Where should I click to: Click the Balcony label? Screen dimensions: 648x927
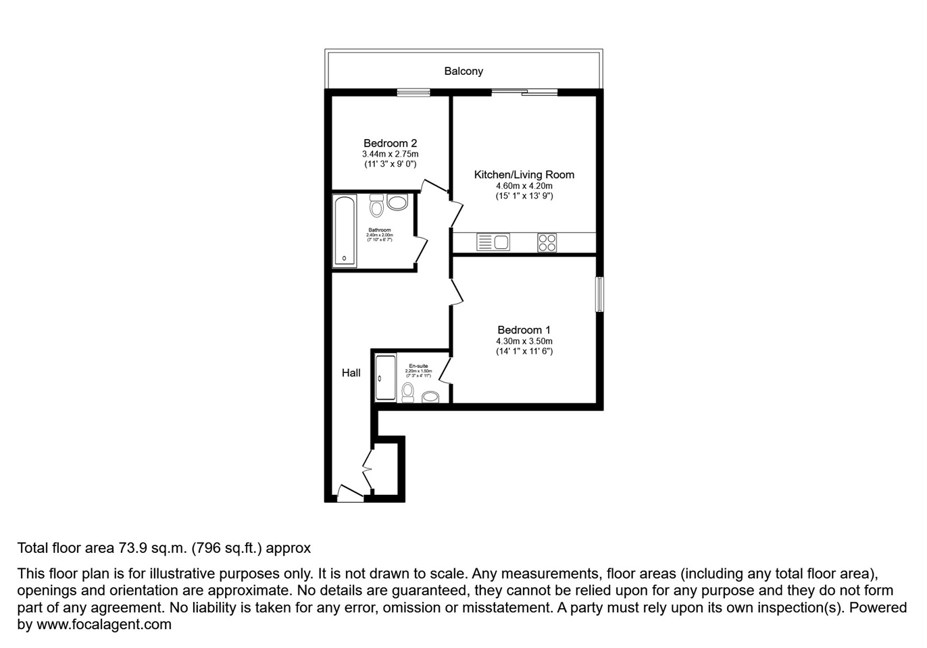[x=464, y=71]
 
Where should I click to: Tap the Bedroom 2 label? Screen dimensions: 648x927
[x=390, y=143]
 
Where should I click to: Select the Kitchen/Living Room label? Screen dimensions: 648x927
[x=524, y=175]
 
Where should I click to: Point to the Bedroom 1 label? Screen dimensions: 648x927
[x=524, y=330]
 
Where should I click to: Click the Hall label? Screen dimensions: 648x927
[x=351, y=373]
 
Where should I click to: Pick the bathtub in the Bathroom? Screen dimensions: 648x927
[x=345, y=231]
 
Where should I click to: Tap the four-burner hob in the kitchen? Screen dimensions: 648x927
[x=547, y=242]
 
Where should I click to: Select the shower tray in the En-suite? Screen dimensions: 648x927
[x=386, y=378]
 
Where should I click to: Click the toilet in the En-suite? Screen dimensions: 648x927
[x=407, y=391]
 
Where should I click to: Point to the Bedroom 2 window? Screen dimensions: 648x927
[x=414, y=93]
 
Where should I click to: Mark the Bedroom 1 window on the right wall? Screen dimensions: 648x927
[x=599, y=294]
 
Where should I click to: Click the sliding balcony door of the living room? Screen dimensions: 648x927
[x=524, y=92]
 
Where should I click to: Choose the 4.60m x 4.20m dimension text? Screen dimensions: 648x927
[x=524, y=186]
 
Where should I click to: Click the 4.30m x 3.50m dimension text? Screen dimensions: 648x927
[x=524, y=341]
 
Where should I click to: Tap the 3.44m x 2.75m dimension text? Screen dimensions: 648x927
[x=390, y=154]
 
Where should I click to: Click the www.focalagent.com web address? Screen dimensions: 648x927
[x=103, y=624]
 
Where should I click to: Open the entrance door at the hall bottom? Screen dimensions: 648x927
[x=350, y=495]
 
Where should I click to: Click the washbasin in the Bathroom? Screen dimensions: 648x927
[x=397, y=202]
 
